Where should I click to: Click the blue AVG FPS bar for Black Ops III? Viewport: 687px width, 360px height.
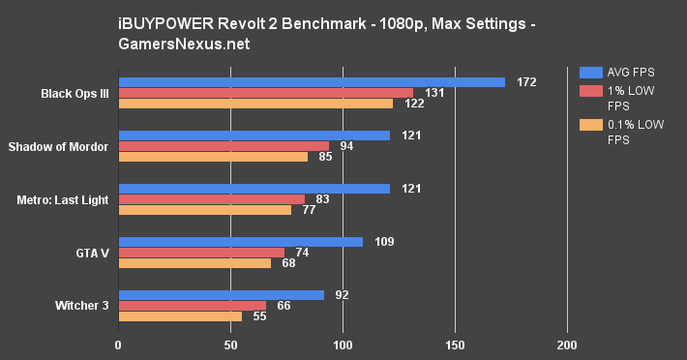click(x=310, y=82)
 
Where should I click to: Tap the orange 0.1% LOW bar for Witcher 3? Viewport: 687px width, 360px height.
click(x=180, y=316)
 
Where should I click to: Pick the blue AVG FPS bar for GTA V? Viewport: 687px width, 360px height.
click(x=240, y=242)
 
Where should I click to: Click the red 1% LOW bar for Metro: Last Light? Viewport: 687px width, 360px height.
click(x=211, y=199)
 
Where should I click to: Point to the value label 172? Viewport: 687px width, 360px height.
click(x=526, y=82)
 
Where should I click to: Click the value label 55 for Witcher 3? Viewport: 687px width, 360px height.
click(x=259, y=316)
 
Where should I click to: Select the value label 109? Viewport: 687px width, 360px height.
click(x=385, y=242)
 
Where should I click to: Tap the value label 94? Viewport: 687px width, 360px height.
click(x=346, y=146)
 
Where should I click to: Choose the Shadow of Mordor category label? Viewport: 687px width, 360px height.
click(x=57, y=146)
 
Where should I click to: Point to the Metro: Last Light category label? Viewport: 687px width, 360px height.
click(x=62, y=199)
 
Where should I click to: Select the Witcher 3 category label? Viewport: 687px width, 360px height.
click(x=80, y=306)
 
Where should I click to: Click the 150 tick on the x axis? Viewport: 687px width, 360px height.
click(x=455, y=345)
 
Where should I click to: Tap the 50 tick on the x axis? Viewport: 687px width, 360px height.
click(x=230, y=345)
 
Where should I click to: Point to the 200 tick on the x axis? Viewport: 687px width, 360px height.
click(x=567, y=345)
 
